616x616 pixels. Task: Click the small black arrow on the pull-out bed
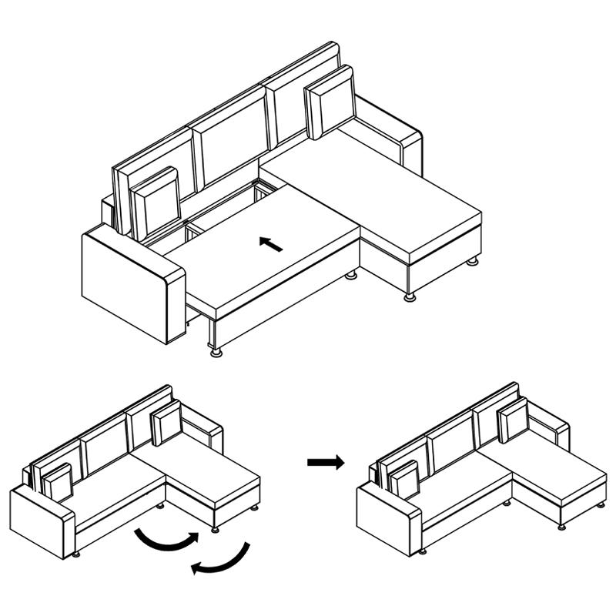click(270, 244)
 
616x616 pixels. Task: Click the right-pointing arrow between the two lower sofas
click(326, 462)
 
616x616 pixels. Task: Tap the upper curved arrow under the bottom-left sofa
click(166, 538)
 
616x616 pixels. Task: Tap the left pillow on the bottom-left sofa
click(58, 482)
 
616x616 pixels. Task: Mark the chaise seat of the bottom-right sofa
click(554, 474)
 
